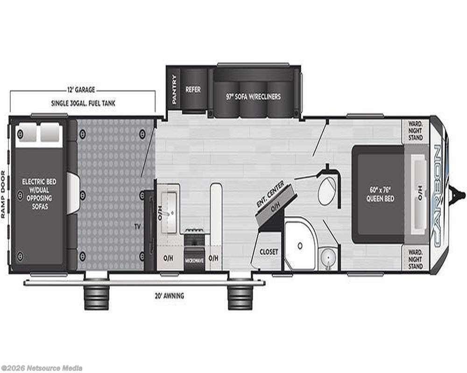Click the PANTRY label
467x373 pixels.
coord(174,89)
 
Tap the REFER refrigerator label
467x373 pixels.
coord(193,89)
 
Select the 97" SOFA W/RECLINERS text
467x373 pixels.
coord(253,97)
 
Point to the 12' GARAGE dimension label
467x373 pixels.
coord(80,90)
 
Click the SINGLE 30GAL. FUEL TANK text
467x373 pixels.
coord(83,103)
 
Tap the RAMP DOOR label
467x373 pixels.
coord(3,194)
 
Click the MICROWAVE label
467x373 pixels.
coord(194,261)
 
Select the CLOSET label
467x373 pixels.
coord(269,252)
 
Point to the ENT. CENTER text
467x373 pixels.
coord(270,193)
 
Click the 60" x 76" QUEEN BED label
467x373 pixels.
coord(380,194)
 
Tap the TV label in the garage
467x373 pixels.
coord(137,227)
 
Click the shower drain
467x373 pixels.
coord(300,246)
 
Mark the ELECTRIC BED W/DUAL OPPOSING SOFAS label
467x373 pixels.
coord(39,194)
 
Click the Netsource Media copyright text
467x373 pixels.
coord(42,368)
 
